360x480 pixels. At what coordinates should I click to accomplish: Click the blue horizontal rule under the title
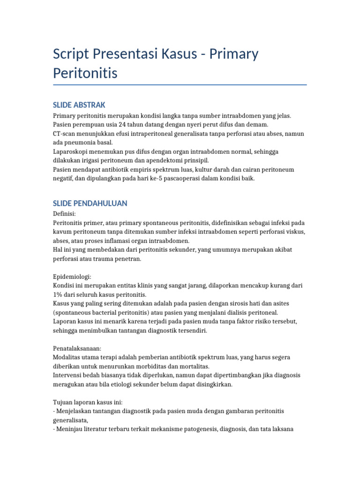coord(180,85)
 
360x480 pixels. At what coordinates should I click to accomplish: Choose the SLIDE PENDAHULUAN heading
coord(90,203)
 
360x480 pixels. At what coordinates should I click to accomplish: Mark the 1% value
coord(58,295)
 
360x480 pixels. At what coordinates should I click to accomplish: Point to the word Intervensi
coord(69,375)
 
